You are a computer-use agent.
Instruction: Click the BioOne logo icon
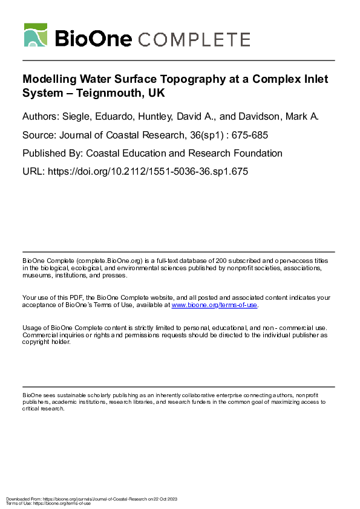click(35, 35)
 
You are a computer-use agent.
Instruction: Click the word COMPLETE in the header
click(194, 39)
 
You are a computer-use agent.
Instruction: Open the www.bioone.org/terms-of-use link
click(214, 305)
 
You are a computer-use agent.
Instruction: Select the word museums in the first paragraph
click(36, 275)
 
